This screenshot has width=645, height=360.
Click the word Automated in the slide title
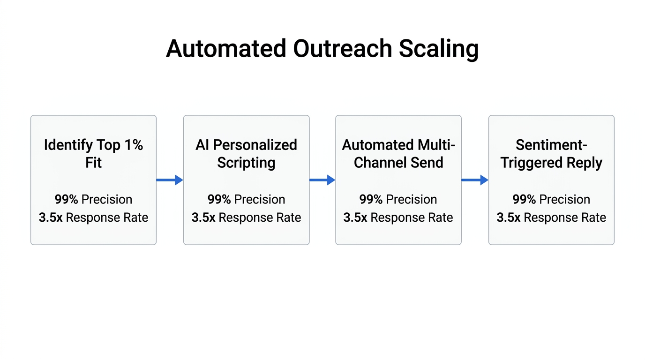point(226,49)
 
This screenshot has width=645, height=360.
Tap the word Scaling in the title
point(439,49)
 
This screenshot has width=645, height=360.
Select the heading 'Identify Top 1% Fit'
point(93,154)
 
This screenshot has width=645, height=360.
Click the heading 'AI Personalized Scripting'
point(246,154)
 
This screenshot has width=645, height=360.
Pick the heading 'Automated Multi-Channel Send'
point(398,154)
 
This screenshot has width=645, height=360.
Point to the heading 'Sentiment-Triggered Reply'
point(551,154)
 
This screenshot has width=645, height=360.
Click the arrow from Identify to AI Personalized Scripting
point(170,180)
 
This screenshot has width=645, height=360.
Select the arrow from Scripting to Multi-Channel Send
point(322,180)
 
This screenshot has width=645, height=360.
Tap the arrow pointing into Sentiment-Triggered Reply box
point(475,180)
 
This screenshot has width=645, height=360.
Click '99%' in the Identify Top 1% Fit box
point(66,200)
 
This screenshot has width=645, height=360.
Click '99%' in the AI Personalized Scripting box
point(219,200)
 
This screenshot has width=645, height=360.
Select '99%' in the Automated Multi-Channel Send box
point(371,200)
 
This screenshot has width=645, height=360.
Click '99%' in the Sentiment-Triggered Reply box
point(524,200)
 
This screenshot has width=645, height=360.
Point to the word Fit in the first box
point(93,163)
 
